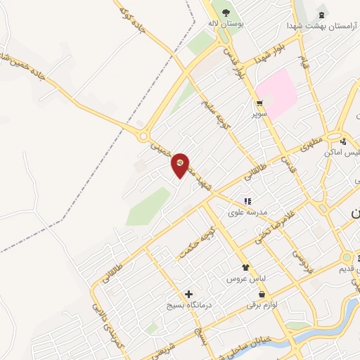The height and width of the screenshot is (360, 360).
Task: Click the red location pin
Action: pos(180,165)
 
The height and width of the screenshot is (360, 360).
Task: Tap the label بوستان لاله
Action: pos(225,24)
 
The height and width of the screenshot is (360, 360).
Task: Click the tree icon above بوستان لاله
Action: pos(226,13)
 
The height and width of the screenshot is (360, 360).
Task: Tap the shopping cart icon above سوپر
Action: pos(259,103)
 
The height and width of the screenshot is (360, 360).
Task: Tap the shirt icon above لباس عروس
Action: pos(245,267)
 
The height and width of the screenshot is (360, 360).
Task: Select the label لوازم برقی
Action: pos(262,306)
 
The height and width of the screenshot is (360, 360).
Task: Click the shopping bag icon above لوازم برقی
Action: pos(262,295)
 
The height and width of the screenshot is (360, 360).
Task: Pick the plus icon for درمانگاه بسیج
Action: pos(188,294)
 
